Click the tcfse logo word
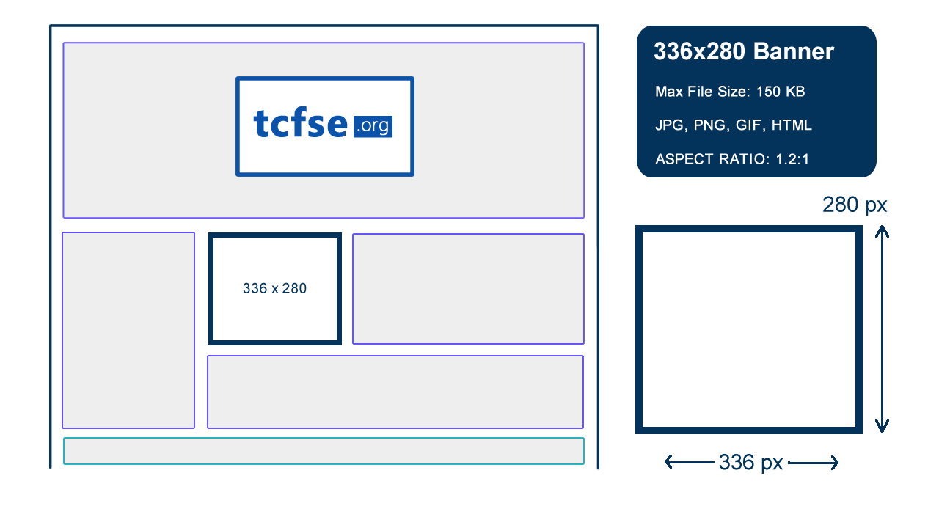click(301, 122)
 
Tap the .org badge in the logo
click(373, 126)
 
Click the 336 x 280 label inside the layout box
click(274, 288)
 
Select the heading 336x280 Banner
click(744, 51)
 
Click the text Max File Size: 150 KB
click(730, 92)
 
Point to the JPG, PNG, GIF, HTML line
click(734, 125)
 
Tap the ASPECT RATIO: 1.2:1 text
click(732, 159)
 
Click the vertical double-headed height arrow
click(882, 329)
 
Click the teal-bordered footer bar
click(324, 451)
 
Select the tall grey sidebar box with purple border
click(128, 330)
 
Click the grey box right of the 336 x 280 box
click(468, 289)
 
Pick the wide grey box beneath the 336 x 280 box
click(395, 392)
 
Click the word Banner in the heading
click(794, 51)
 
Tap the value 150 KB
click(781, 92)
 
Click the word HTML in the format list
click(792, 125)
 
